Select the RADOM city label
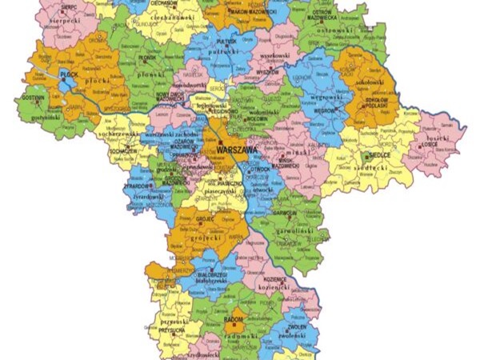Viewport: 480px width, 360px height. (x=234, y=319)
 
